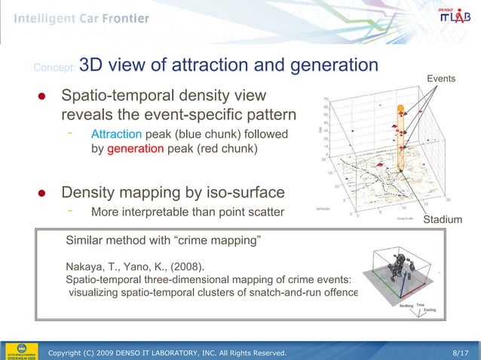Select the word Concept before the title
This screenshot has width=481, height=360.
[x=54, y=69]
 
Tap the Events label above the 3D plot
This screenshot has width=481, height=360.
[x=441, y=79]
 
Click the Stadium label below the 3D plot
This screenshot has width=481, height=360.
[x=443, y=219]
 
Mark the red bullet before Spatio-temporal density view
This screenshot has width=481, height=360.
[x=44, y=98]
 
